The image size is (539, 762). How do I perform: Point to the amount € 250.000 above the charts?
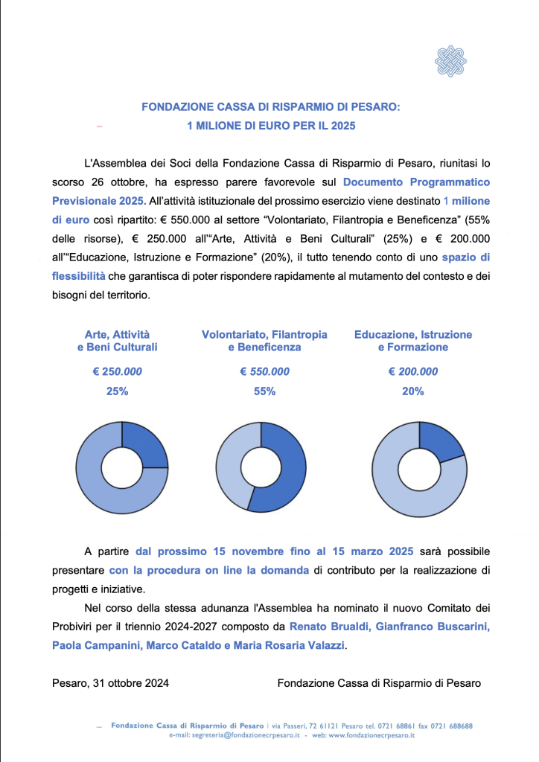(x=117, y=372)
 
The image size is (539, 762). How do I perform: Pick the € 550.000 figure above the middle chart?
(x=264, y=372)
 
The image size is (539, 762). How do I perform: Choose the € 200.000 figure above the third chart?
(x=412, y=372)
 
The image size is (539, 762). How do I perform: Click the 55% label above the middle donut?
(x=264, y=391)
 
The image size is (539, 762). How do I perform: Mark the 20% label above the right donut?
(x=412, y=391)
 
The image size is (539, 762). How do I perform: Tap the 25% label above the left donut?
(x=117, y=391)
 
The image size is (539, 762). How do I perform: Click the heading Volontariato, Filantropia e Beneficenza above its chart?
(x=264, y=341)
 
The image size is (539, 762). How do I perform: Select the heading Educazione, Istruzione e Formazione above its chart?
(x=412, y=341)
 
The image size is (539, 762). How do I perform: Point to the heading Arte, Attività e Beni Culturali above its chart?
(x=117, y=341)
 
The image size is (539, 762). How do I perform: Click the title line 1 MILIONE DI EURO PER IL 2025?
(x=271, y=126)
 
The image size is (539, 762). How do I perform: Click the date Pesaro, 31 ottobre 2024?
(x=110, y=682)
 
